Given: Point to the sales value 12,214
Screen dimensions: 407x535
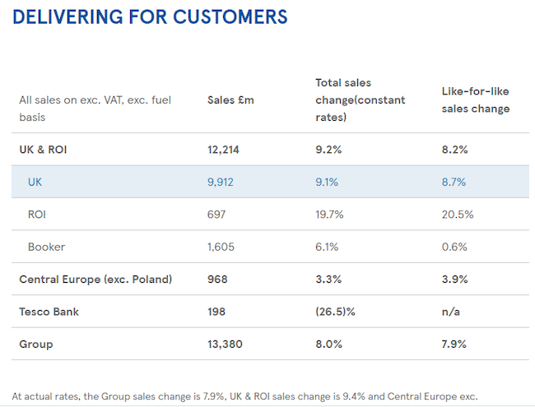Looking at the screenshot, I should pyautogui.click(x=225, y=150).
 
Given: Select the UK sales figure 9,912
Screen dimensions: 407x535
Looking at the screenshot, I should pyautogui.click(x=221, y=182).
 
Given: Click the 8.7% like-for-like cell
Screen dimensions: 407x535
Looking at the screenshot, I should pyautogui.click(x=454, y=182).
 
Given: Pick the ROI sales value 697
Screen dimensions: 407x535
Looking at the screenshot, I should pyautogui.click(x=216, y=214).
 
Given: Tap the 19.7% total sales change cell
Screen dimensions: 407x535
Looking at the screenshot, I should pyautogui.click(x=329, y=214).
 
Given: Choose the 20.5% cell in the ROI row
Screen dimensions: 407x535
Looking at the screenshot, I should pyautogui.click(x=457, y=214).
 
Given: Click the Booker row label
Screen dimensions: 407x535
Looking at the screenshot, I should pyautogui.click(x=46, y=247).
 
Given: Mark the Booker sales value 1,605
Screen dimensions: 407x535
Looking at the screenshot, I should pyautogui.click(x=221, y=247).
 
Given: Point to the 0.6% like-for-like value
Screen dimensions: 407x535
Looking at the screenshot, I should pyautogui.click(x=454, y=247).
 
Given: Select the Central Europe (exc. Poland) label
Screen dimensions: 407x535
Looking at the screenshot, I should pyautogui.click(x=95, y=279).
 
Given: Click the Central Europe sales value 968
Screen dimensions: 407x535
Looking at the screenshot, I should pyautogui.click(x=217, y=279).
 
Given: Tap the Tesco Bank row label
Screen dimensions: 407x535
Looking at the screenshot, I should pyautogui.click(x=50, y=312).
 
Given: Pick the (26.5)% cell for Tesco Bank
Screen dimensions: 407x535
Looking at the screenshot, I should pyautogui.click(x=335, y=312).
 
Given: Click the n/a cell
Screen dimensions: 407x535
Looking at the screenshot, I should pyautogui.click(x=450, y=312).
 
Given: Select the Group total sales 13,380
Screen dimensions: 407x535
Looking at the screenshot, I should pyautogui.click(x=226, y=344).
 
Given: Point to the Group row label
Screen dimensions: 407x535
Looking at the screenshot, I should pyautogui.click(x=35, y=344).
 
